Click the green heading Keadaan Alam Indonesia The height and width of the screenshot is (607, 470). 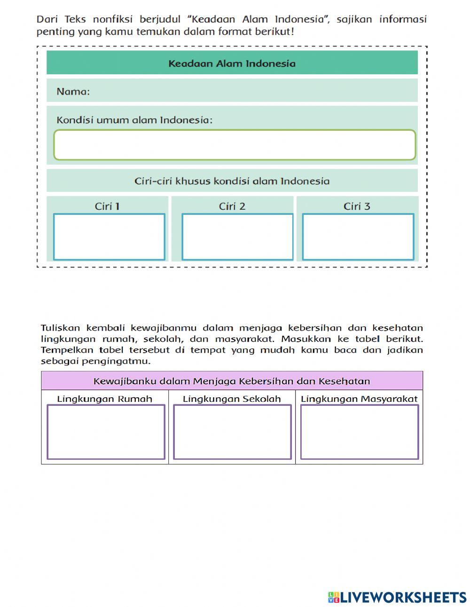click(232, 63)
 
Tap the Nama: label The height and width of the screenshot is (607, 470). click(73, 92)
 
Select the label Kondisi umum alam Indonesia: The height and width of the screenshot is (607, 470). click(134, 120)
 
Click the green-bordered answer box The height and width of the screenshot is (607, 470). click(235, 145)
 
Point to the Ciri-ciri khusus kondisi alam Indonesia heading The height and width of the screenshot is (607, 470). click(232, 181)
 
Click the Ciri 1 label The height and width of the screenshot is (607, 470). click(107, 206)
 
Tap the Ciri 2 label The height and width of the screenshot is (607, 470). click(232, 206)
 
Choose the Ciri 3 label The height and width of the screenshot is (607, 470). click(357, 206)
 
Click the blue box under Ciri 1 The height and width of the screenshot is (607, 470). click(109, 237)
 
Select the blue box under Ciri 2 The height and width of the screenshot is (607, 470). click(237, 237)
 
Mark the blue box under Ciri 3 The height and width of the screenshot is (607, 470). click(358, 237)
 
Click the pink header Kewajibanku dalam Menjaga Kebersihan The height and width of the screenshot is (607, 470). click(232, 381)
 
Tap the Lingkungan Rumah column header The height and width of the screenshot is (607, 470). click(104, 399)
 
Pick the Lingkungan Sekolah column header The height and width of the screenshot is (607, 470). click(232, 399)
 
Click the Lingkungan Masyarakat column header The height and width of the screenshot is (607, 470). click(359, 399)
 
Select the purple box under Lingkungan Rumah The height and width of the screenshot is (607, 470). click(106, 432)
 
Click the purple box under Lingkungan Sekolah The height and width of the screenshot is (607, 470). click(232, 432)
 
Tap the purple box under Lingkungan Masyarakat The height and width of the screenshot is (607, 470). click(360, 432)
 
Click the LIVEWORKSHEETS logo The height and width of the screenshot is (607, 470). click(397, 597)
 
